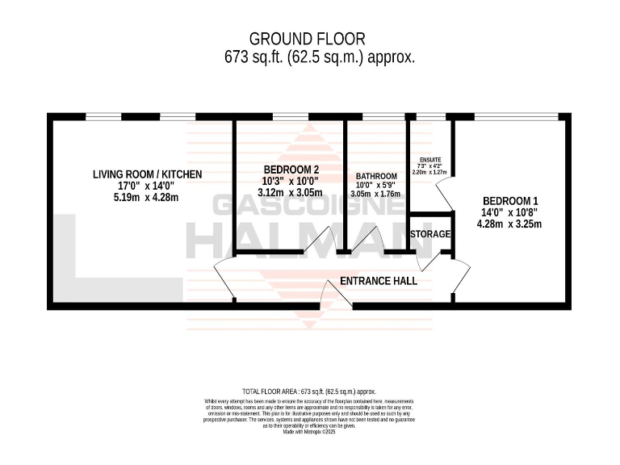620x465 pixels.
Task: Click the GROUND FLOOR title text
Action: click(308, 38)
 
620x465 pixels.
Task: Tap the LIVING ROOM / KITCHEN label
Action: click(147, 174)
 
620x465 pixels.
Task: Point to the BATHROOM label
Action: click(377, 177)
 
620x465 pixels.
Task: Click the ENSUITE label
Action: click(429, 161)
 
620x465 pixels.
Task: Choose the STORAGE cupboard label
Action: click(430, 234)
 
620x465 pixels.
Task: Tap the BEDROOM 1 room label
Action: click(510, 201)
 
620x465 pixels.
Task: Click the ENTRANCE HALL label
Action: click(379, 281)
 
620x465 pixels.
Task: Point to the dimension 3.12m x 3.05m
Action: click(290, 193)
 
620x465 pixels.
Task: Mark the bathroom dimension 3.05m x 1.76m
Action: click(377, 194)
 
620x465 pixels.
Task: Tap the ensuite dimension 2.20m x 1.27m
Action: click(429, 172)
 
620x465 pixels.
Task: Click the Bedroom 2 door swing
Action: click(327, 241)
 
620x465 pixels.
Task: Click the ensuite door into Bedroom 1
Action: click(442, 193)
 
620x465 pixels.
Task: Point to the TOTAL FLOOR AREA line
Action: click(309, 391)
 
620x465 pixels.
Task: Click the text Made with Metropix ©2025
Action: click(309, 432)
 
